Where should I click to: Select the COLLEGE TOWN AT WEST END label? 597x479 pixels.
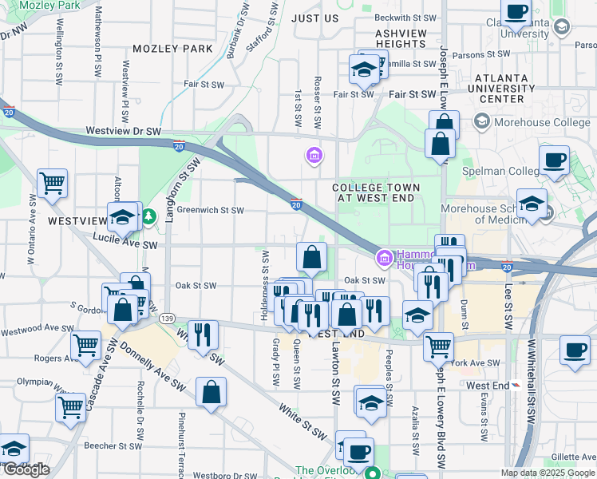pos(374,192)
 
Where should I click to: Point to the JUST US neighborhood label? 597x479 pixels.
pos(314,18)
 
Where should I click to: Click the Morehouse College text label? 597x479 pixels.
pos(533,122)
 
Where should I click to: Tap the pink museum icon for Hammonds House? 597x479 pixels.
pos(383,257)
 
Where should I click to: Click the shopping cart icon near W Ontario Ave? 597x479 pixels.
pos(53,183)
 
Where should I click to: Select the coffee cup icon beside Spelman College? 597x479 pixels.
pos(554,159)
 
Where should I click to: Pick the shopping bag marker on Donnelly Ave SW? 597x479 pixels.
pos(211,392)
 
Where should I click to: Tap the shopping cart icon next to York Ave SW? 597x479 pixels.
pos(438,346)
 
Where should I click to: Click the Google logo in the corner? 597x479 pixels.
pos(26,469)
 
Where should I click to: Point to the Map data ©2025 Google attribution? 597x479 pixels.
pos(547,473)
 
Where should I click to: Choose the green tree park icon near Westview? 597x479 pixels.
pos(148,216)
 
